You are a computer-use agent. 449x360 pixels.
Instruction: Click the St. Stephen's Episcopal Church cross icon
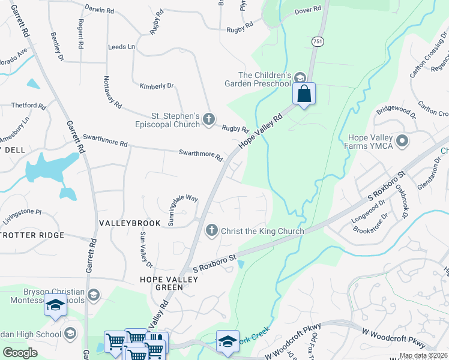pyautogui.click(x=209, y=119)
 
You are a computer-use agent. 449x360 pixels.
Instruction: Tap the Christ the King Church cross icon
pyautogui.click(x=211, y=230)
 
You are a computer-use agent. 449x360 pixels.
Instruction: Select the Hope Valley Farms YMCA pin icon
pyautogui.click(x=402, y=142)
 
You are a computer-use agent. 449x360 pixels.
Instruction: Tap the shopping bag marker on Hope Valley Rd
pyautogui.click(x=304, y=94)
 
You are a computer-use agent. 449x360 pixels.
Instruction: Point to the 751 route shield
pyautogui.click(x=318, y=41)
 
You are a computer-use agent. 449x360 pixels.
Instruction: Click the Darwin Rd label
pyautogui.click(x=100, y=10)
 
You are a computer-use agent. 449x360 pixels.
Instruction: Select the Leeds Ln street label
pyautogui.click(x=121, y=47)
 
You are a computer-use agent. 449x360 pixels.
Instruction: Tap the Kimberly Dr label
pyautogui.click(x=156, y=86)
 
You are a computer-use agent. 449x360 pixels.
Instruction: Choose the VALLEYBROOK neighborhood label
pyautogui.click(x=130, y=223)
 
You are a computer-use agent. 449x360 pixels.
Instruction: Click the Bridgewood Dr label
pyautogui.click(x=396, y=112)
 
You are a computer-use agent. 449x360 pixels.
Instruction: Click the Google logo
pyautogui.click(x=20, y=352)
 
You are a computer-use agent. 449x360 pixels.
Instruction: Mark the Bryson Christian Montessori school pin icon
pyautogui.click(x=93, y=295)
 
